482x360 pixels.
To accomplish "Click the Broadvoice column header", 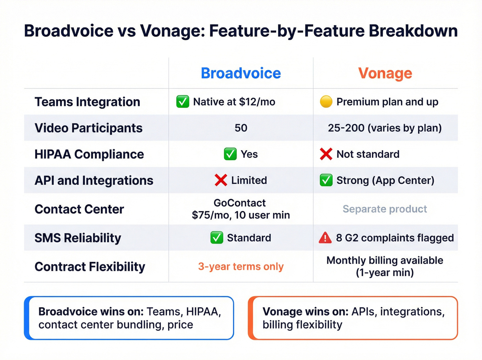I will point(241,73).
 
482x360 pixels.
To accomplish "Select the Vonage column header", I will point(385,73).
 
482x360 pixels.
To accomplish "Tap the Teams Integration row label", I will point(87,102).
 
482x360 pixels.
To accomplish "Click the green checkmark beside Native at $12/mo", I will point(182,102).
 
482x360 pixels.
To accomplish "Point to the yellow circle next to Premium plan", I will point(326,102).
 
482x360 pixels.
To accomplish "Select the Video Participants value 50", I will point(241,128).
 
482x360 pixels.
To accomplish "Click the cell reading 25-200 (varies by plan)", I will point(385,128).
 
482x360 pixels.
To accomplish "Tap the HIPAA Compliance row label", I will point(89,154).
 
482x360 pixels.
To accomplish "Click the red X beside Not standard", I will point(326,154).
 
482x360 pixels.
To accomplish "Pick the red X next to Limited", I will point(221,180).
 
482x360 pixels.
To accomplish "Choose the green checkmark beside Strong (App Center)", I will point(326,180).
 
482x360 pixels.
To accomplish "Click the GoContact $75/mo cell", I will point(241,209).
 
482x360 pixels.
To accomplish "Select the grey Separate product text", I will point(385,209).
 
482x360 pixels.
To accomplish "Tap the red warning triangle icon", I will point(325,238).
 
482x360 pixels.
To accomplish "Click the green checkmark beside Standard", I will point(217,238).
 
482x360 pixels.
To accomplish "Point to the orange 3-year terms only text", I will point(241,266).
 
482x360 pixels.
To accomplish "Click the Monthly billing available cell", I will point(385,266).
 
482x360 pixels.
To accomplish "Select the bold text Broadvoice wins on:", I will point(91,311).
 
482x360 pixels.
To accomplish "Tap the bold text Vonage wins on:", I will point(305,311).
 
